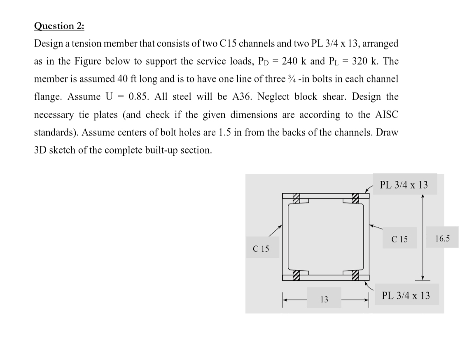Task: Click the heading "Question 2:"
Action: [59, 26]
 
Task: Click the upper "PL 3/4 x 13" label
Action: [404, 185]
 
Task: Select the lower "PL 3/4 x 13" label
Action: [406, 295]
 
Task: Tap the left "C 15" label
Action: [261, 248]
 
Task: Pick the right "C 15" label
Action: [400, 239]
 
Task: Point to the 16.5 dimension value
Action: [443, 238]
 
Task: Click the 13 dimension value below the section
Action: [324, 299]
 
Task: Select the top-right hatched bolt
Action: [354, 198]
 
